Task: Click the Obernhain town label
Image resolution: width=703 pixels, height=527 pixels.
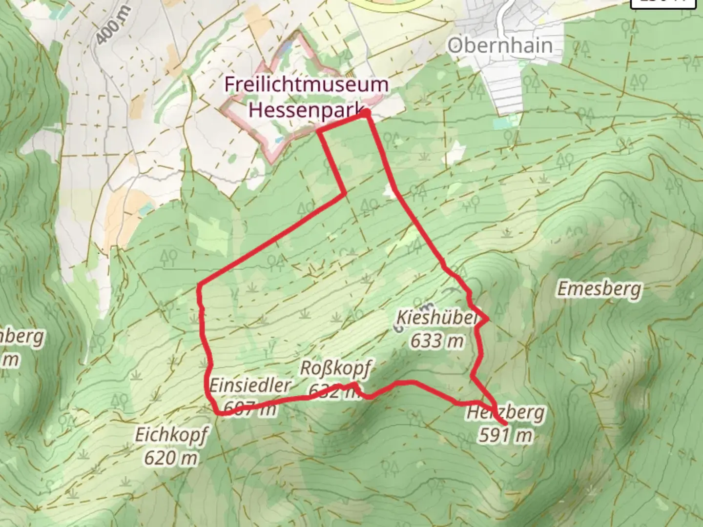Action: pos(500,45)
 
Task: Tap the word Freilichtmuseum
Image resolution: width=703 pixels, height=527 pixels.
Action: pos(306,84)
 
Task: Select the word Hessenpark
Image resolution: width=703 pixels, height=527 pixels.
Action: pos(306,110)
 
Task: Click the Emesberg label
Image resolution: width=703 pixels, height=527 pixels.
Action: pos(599,289)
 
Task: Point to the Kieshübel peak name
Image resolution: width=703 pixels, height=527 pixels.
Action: pos(436,318)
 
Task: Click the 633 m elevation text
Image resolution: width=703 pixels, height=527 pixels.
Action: pos(436,341)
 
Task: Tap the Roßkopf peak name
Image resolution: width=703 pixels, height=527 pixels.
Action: pos(335,368)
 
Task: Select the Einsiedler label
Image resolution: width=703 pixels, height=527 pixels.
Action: pos(250,385)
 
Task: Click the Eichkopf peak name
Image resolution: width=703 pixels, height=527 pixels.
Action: pos(171,434)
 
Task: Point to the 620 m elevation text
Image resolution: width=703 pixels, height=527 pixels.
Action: pos(171,458)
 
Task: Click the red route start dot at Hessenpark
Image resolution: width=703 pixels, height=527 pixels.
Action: pos(366,113)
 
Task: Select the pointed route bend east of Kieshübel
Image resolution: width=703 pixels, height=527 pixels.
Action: pos(487,320)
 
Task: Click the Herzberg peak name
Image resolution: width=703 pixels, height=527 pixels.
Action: pos(505,413)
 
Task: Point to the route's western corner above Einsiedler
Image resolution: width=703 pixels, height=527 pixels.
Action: pos(199,284)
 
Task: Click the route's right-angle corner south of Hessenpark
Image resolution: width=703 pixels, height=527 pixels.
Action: pos(345,194)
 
